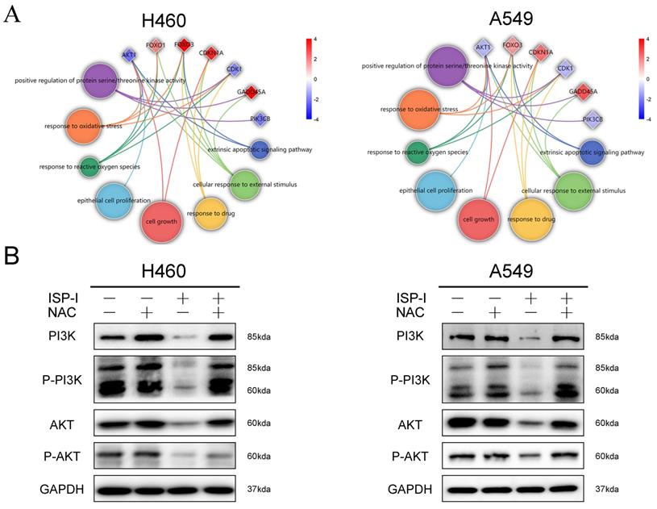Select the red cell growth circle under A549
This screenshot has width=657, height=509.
(x=478, y=219)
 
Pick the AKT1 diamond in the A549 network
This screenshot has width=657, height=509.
(x=483, y=48)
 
